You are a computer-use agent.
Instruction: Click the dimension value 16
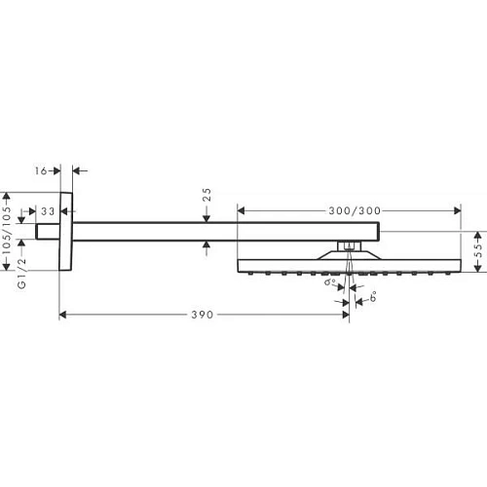(39, 170)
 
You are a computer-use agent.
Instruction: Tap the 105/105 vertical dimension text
(9, 232)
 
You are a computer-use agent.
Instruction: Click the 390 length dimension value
(203, 316)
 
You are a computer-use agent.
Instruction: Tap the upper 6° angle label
(331, 283)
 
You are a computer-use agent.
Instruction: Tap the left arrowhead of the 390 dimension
(64, 316)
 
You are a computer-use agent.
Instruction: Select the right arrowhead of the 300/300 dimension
(457, 210)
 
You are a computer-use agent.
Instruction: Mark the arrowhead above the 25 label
(206, 218)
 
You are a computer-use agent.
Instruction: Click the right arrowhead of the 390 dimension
(345, 316)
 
